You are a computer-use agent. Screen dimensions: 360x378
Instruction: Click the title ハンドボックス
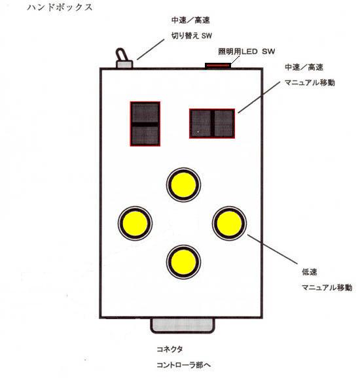point(60,7)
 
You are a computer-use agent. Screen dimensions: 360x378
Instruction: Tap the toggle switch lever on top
point(121,55)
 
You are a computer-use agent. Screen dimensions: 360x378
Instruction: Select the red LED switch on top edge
point(218,65)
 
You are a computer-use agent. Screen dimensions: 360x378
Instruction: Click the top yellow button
point(183,184)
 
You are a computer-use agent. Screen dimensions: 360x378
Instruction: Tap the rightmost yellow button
point(229,223)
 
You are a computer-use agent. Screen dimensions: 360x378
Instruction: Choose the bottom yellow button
point(183,262)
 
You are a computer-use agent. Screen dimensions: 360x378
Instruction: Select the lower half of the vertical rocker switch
point(145,135)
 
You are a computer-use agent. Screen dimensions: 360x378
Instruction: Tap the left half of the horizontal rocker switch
point(201,124)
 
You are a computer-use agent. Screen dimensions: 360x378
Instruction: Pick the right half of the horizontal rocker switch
point(224,124)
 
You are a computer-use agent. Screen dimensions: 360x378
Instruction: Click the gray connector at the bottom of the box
point(183,326)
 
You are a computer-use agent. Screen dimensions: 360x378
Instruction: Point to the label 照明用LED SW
point(246,52)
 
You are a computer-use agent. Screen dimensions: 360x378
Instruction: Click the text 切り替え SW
point(192,36)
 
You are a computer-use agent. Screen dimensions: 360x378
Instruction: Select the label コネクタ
point(170,349)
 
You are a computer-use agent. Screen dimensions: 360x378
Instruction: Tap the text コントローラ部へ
point(184,365)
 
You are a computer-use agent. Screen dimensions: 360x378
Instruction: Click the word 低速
point(310,272)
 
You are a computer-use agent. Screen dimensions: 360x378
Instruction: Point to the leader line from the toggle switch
point(151,49)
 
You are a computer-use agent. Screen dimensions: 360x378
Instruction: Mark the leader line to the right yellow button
point(272,249)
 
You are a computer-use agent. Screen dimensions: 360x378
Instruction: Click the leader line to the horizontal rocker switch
point(259,97)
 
